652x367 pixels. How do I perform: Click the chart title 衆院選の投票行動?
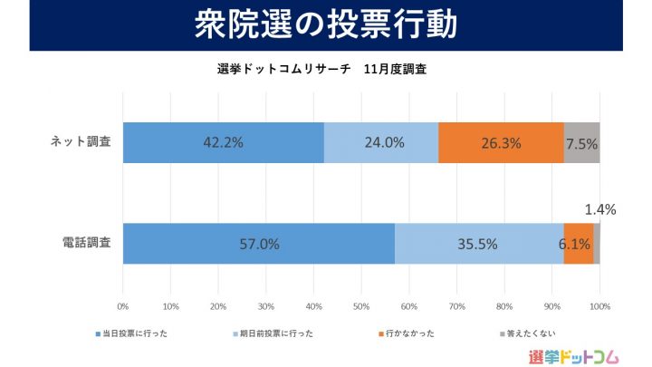(326, 25)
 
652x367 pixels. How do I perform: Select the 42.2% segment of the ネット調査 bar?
(224, 142)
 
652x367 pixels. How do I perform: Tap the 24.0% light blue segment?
(381, 142)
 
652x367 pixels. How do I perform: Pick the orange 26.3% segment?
(501, 142)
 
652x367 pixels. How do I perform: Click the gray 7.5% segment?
(581, 142)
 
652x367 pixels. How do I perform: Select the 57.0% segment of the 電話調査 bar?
(259, 244)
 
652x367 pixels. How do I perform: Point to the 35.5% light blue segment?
(479, 244)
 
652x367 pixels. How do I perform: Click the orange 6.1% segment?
(579, 244)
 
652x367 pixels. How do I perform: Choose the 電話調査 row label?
(85, 244)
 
